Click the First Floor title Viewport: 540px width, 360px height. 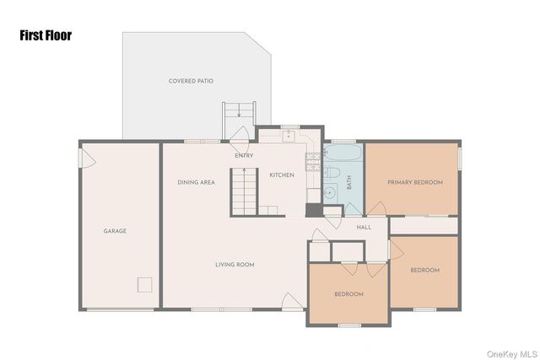pos(46,35)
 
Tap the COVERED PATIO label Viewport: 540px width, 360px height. pos(191,81)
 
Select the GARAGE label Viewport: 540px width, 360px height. pos(115,231)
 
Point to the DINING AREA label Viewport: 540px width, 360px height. pos(196,182)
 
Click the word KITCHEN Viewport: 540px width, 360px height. pos(282,175)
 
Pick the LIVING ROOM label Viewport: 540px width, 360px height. pos(235,265)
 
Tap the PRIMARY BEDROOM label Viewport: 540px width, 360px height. pos(415,182)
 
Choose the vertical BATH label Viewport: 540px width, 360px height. pos(348,182)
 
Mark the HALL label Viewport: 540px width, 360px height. pos(364,227)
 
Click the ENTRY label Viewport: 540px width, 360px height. pos(244,156)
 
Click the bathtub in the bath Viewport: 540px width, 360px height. pos(343,153)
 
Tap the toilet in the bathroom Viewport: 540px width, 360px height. pos(332,173)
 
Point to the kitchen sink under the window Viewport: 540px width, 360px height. pos(289,137)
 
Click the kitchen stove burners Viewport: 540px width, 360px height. pos(313,162)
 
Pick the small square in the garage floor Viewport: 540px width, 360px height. pos(144,285)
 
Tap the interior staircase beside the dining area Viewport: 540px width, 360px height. pos(244,191)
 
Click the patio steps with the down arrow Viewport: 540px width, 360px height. pos(239,121)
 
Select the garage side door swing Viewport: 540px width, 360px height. pos(87,159)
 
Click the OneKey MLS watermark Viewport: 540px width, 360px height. pos(512,354)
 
